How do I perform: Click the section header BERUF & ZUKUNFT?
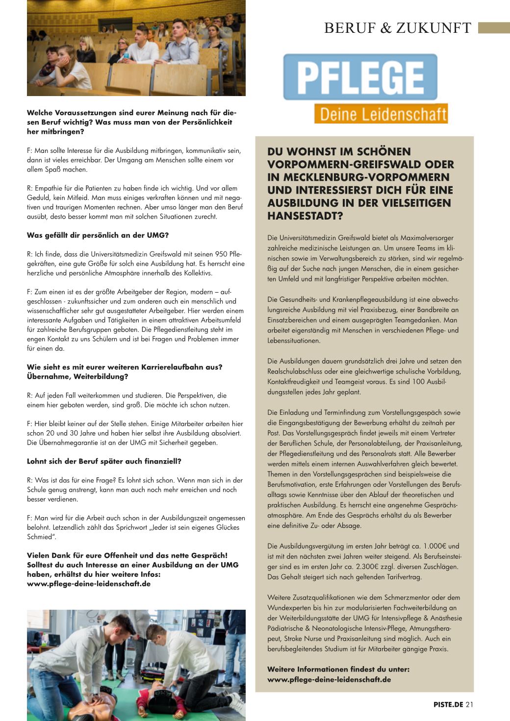click(397, 28)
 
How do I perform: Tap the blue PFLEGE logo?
click(360, 77)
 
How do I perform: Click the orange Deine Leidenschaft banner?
click(381, 114)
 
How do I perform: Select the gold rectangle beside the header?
click(494, 27)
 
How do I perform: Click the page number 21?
click(469, 705)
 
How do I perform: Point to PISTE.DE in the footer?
click(448, 705)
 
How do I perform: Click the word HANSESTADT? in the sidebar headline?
click(305, 216)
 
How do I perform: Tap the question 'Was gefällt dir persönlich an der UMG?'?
click(98, 235)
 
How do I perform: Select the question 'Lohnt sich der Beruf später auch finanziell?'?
click(104, 461)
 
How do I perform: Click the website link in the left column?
click(89, 584)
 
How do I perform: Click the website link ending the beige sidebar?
click(329, 679)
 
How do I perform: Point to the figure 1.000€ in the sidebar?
click(434, 546)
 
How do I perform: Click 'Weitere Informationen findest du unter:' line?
click(338, 669)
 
